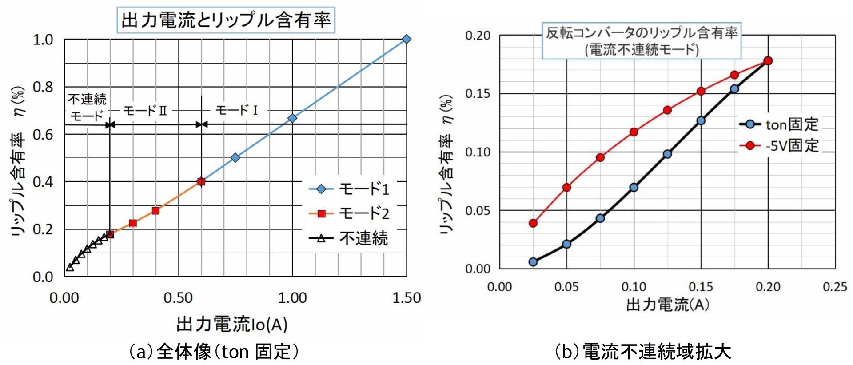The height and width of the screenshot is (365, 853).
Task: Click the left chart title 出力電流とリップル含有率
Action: coord(226,20)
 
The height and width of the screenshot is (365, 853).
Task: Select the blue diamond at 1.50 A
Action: coord(406,39)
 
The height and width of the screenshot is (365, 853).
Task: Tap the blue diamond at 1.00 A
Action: coord(292,118)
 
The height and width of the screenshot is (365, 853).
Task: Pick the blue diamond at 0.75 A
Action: coord(235,157)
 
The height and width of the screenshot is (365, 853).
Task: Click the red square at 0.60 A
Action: coord(201,181)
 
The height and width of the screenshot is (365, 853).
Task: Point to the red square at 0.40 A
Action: coord(155,210)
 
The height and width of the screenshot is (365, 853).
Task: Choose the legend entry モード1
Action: coord(349,189)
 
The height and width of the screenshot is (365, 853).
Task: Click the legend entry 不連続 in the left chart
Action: coord(349,239)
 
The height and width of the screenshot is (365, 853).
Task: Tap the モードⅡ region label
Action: coord(145,110)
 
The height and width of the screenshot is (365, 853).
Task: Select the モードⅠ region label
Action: coord(236,110)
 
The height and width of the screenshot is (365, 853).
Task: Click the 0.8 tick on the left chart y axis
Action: coord(43,87)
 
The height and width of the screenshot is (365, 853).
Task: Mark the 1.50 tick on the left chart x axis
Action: coord(406,298)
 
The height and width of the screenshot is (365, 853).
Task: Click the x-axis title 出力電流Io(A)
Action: coord(232,325)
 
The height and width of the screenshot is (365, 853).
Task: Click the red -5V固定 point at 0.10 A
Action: coord(634,132)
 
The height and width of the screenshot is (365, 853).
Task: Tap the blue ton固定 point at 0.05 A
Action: coord(566,244)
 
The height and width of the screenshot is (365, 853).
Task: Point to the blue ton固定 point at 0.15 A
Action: coord(701,120)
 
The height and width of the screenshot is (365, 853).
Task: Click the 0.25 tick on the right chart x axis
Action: coord(835,287)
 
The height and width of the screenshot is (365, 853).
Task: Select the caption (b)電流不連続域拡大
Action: coord(642,352)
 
